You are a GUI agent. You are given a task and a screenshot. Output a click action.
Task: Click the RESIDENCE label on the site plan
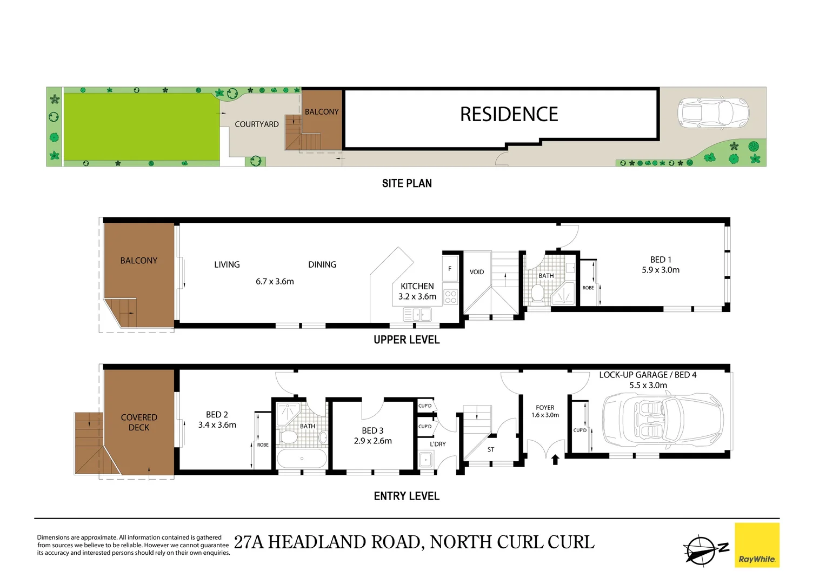(x=509, y=114)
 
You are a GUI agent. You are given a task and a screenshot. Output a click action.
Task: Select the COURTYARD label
(x=257, y=124)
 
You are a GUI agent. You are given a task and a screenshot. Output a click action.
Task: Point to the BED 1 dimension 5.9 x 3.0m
(x=661, y=270)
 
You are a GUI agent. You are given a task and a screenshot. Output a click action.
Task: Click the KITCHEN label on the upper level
(x=417, y=286)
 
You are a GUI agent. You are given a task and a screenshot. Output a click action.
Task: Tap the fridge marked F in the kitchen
(x=450, y=269)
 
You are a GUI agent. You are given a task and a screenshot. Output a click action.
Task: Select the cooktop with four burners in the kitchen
(x=450, y=297)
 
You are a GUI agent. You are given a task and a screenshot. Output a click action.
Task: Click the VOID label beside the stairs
(x=477, y=272)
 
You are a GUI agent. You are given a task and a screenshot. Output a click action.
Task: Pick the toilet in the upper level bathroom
(x=537, y=294)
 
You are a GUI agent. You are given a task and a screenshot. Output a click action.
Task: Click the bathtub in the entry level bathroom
(x=302, y=459)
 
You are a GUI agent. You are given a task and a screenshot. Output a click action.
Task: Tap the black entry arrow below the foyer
(x=555, y=460)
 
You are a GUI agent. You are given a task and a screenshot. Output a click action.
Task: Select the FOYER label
(x=545, y=408)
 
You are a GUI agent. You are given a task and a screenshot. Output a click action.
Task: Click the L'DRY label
(x=438, y=444)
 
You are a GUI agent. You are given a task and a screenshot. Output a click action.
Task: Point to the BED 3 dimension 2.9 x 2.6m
(x=373, y=441)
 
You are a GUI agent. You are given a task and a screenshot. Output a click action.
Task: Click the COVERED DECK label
(x=139, y=422)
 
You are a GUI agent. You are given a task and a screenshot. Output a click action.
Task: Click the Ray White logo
(x=757, y=545)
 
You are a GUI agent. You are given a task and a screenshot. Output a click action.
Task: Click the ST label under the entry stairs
(x=491, y=449)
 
